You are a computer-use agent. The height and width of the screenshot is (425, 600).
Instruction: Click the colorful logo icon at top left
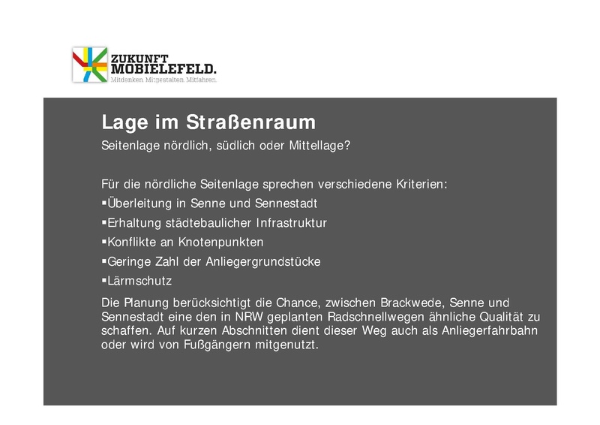pos(89,65)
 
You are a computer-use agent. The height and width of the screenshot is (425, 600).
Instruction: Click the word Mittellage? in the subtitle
pos(320,145)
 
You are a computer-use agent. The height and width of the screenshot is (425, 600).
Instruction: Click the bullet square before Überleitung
pos(103,203)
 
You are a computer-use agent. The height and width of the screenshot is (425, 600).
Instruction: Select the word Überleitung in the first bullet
pos(139,203)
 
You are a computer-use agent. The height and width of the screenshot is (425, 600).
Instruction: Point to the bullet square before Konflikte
pos(103,243)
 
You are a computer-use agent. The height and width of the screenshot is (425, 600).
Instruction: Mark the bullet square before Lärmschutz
pos(103,282)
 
